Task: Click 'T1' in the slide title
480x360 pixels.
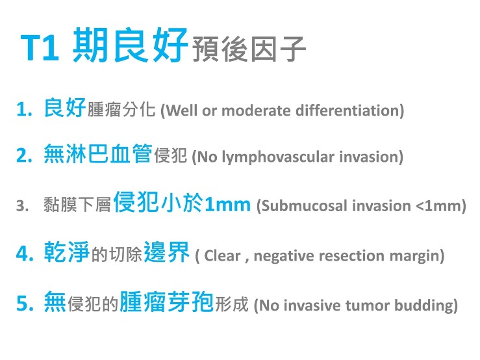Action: coord(41,47)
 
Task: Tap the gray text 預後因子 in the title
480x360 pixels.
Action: coord(249,49)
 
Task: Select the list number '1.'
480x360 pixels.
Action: coord(25,110)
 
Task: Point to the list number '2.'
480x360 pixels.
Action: coord(25,157)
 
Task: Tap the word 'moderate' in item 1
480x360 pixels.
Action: coord(257,111)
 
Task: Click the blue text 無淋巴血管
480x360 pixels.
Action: coord(98,155)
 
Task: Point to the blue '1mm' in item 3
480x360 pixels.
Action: coord(227,205)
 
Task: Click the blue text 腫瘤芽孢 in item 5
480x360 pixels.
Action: coord(167,302)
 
